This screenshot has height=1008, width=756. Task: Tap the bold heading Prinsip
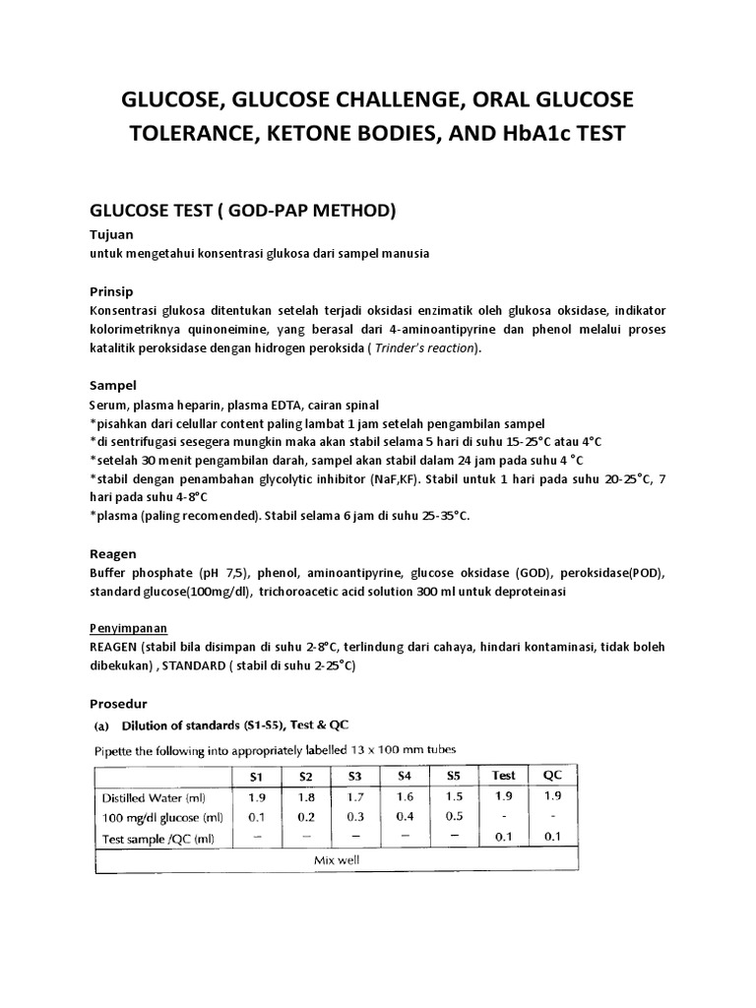(113, 292)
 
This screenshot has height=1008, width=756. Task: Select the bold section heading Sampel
(114, 385)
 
